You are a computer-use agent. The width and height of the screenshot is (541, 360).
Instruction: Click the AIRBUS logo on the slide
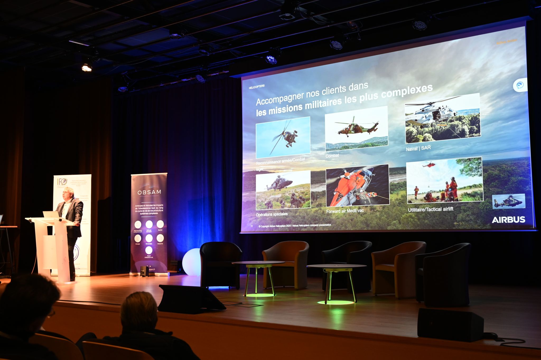tap(508, 220)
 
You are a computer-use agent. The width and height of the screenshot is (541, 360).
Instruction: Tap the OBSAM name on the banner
tap(149, 192)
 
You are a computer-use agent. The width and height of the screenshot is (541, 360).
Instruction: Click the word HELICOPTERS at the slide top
tap(256, 87)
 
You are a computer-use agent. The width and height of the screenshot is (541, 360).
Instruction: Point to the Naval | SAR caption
tap(418, 148)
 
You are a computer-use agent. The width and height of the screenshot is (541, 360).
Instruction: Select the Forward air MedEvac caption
tap(345, 211)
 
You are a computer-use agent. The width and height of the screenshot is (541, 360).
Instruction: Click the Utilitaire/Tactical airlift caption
tap(430, 209)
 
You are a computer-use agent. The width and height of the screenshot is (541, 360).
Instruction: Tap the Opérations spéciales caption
tap(272, 214)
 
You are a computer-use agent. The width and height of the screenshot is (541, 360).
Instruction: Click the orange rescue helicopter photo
tap(357, 185)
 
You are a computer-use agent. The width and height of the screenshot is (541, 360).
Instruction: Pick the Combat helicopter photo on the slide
tap(356, 129)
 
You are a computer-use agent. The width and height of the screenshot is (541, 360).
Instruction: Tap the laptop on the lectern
tap(51, 214)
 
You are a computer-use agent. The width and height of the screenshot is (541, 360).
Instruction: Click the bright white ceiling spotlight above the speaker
tap(86, 68)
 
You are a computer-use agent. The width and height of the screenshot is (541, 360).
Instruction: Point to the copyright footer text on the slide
tap(295, 225)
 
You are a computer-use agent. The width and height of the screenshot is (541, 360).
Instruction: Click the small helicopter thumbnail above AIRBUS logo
tap(508, 201)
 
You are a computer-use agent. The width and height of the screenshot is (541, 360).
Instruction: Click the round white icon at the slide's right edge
tap(520, 85)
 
